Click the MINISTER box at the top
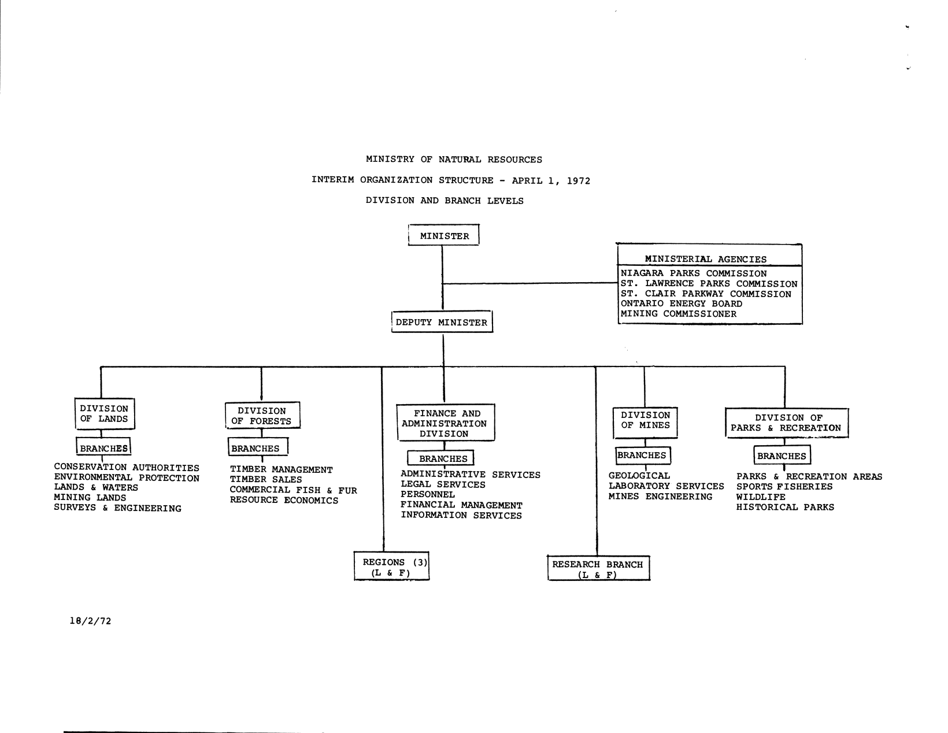click(x=444, y=236)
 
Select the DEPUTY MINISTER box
click(x=442, y=323)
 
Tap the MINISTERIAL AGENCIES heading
click(x=705, y=260)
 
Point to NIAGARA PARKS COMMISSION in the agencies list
click(x=693, y=273)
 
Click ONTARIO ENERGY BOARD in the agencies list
click(x=681, y=304)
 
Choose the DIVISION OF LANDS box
click(x=104, y=414)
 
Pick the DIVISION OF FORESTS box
click(x=262, y=416)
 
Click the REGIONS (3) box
click(x=392, y=567)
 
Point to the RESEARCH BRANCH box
click(x=598, y=569)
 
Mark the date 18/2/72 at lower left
click(x=90, y=621)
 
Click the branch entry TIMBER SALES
click(x=265, y=480)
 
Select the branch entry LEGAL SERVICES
click(x=443, y=485)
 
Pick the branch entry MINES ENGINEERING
click(x=660, y=497)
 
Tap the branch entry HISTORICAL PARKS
click(x=785, y=508)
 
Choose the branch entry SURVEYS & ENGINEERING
click(x=117, y=509)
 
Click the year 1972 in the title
click(x=578, y=180)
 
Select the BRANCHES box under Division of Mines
click(x=642, y=456)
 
